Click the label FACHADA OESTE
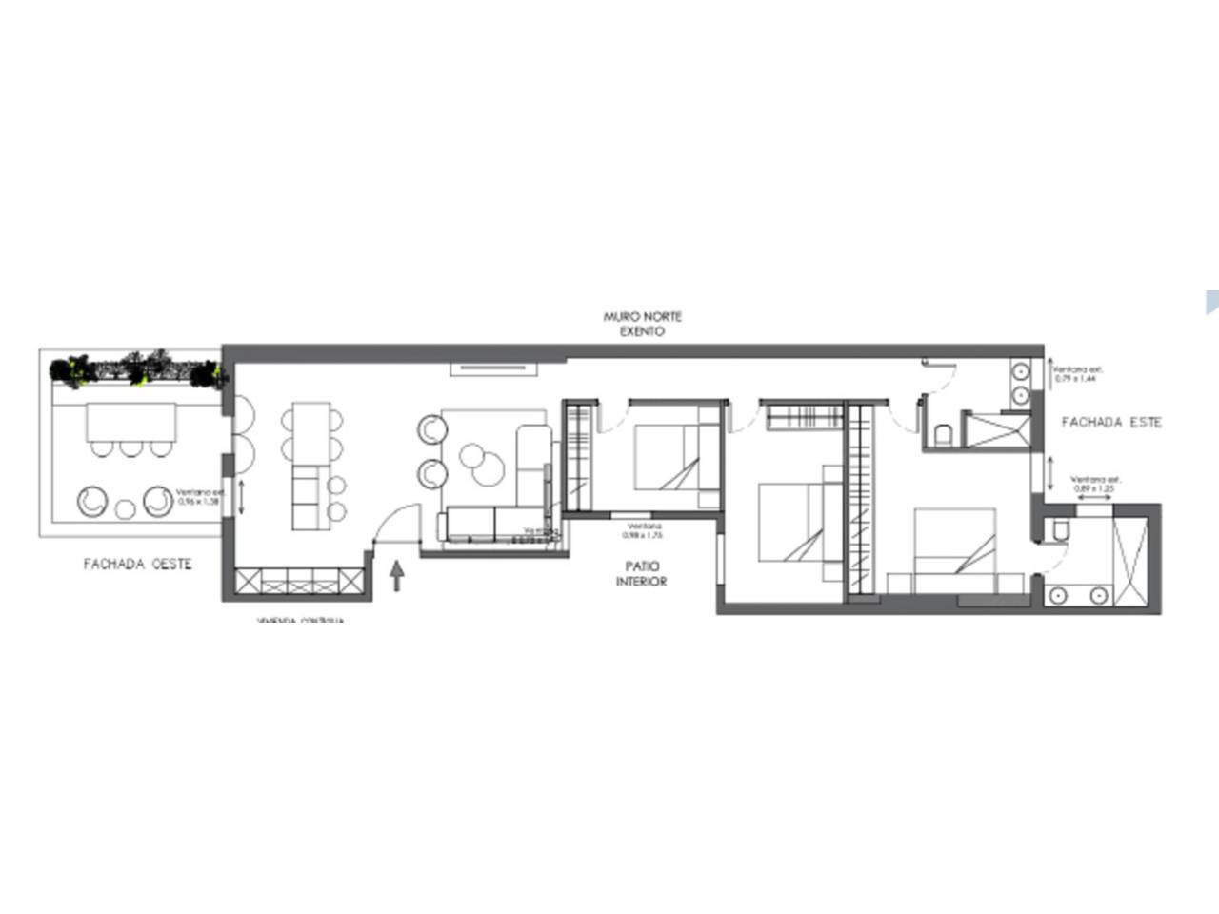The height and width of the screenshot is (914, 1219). [138, 564]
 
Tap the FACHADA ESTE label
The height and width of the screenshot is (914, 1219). [1111, 422]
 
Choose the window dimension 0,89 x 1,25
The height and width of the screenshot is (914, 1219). [1091, 485]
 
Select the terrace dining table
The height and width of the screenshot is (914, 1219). [132, 422]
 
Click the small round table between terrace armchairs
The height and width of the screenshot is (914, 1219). [125, 509]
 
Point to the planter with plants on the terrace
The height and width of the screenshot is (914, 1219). [138, 371]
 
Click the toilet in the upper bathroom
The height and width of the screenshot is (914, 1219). [944, 435]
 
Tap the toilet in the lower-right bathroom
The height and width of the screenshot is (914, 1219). [1057, 529]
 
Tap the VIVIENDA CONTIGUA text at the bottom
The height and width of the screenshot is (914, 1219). [300, 621]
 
